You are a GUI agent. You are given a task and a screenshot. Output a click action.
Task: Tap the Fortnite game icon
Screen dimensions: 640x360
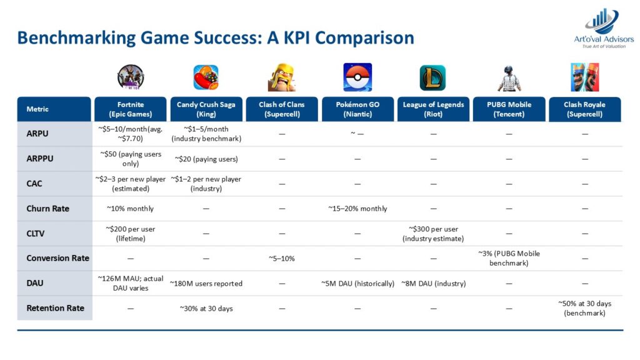click(x=131, y=77)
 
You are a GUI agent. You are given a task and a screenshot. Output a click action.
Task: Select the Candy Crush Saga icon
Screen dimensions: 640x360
click(x=206, y=77)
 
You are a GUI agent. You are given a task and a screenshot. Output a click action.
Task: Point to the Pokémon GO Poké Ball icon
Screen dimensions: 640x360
click(x=357, y=77)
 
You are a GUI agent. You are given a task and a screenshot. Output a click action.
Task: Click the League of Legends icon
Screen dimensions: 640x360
click(x=432, y=77)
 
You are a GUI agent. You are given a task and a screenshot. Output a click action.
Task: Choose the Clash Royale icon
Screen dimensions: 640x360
click(x=584, y=77)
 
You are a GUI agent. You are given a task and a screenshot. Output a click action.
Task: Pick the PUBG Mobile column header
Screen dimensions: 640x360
click(x=509, y=109)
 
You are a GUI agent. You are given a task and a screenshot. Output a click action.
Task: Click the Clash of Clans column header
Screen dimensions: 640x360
click(x=282, y=109)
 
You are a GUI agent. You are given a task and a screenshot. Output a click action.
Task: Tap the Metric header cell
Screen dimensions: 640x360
click(x=54, y=109)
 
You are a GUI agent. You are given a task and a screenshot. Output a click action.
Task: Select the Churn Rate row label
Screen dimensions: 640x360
click(x=47, y=209)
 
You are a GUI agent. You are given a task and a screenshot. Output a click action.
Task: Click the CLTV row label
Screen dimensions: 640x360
click(x=36, y=234)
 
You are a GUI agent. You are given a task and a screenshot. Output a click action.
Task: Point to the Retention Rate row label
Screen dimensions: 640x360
click(x=55, y=308)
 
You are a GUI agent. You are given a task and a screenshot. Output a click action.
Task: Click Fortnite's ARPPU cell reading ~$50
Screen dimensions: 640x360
click(x=131, y=159)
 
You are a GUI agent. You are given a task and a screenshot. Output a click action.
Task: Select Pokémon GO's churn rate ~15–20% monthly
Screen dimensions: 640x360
click(x=357, y=209)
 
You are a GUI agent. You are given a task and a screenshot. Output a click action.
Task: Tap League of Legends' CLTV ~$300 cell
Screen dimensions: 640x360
click(x=433, y=234)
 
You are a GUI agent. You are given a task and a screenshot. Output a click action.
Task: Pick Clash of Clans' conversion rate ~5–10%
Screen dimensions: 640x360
click(x=282, y=258)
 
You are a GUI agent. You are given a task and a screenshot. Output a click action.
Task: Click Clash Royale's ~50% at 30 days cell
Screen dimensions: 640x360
click(x=584, y=309)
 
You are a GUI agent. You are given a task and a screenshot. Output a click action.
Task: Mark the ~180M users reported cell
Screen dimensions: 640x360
click(x=206, y=284)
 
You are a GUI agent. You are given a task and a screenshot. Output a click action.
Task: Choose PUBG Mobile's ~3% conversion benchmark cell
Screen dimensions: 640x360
click(x=509, y=258)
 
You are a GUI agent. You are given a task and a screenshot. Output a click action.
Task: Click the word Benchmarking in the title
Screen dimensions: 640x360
click(x=76, y=38)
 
